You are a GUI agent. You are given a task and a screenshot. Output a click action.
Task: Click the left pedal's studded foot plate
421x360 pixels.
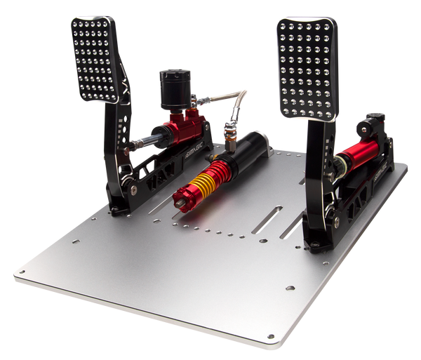94,60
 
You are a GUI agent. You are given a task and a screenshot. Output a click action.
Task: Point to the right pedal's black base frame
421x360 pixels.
365,189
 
